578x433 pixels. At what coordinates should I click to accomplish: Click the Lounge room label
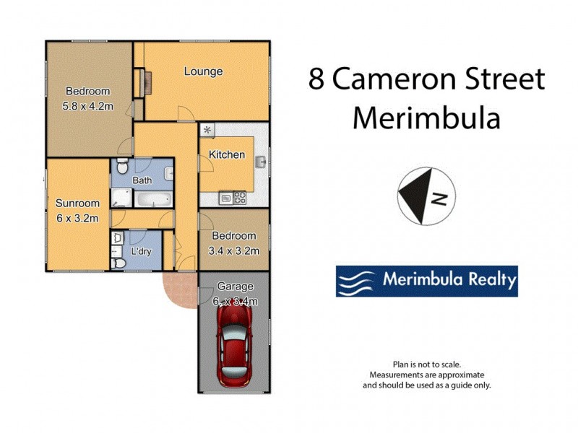click(203, 71)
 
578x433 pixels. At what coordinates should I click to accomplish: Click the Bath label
click(142, 180)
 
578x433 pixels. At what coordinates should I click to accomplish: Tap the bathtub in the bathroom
click(152, 199)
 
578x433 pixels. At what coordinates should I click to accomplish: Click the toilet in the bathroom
click(124, 163)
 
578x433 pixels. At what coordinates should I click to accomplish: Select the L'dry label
click(140, 252)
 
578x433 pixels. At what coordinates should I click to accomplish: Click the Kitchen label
click(227, 154)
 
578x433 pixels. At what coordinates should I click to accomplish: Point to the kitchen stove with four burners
click(238, 197)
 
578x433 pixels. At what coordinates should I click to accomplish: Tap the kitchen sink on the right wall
click(263, 162)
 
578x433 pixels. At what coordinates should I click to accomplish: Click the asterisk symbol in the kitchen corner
click(208, 130)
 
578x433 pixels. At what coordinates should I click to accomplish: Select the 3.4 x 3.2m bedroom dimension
click(233, 250)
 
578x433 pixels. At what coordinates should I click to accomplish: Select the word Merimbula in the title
click(426, 118)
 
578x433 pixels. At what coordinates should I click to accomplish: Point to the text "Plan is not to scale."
click(426, 365)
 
